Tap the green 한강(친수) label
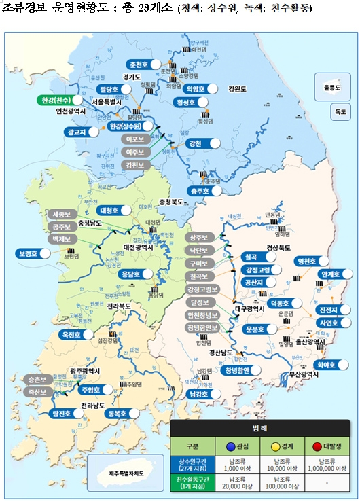coord(56,101)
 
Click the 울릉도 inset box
coord(332,88)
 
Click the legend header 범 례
coord(262,430)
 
